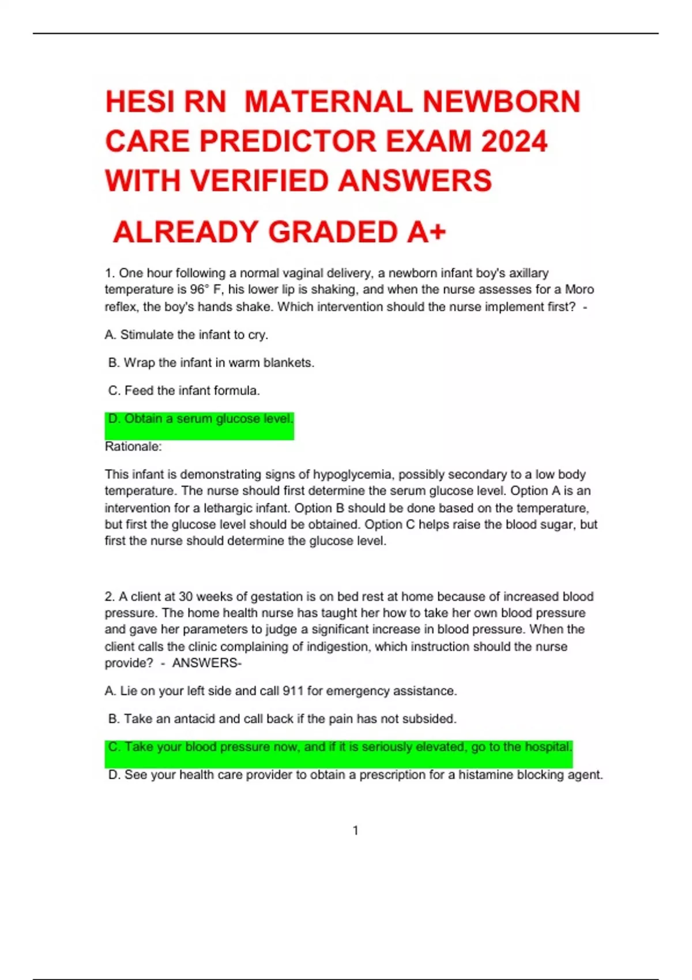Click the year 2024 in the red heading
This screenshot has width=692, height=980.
(514, 142)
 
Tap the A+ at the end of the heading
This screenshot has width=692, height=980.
(426, 232)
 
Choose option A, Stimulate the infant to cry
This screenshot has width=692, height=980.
(186, 335)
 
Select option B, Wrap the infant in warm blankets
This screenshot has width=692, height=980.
(211, 363)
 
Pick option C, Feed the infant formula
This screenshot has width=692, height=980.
(184, 391)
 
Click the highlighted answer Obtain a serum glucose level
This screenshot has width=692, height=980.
(201, 419)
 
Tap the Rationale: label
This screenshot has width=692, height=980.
(133, 447)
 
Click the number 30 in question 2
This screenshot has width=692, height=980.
(186, 597)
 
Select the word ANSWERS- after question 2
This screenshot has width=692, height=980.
(206, 663)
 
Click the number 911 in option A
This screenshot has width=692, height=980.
(293, 691)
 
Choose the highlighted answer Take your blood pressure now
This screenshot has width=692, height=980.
(340, 747)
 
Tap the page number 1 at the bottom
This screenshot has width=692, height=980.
(355, 831)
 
